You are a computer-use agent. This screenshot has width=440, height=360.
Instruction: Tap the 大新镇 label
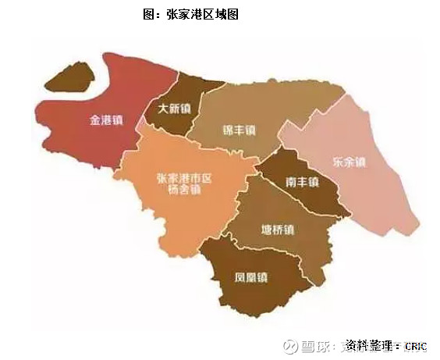[x=173, y=109]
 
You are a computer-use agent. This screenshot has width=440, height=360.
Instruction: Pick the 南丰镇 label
[x=302, y=182]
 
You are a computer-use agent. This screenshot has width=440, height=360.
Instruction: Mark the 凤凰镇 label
[x=251, y=277]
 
